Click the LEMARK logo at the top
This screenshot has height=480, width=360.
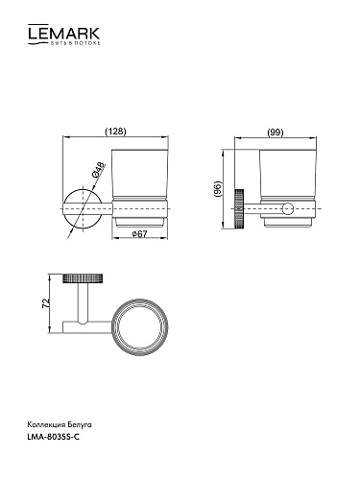point(63,35)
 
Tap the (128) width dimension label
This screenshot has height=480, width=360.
point(116,132)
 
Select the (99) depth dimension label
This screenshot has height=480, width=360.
point(276,132)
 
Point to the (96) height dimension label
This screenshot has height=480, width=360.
point(218,189)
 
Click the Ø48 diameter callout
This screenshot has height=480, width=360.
point(98,170)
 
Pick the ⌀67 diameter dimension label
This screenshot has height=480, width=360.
point(139,234)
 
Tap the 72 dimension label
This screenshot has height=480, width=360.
point(46,302)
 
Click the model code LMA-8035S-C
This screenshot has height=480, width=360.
point(54,437)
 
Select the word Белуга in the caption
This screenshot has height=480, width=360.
point(80,425)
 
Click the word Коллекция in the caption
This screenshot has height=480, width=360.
point(47,425)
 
